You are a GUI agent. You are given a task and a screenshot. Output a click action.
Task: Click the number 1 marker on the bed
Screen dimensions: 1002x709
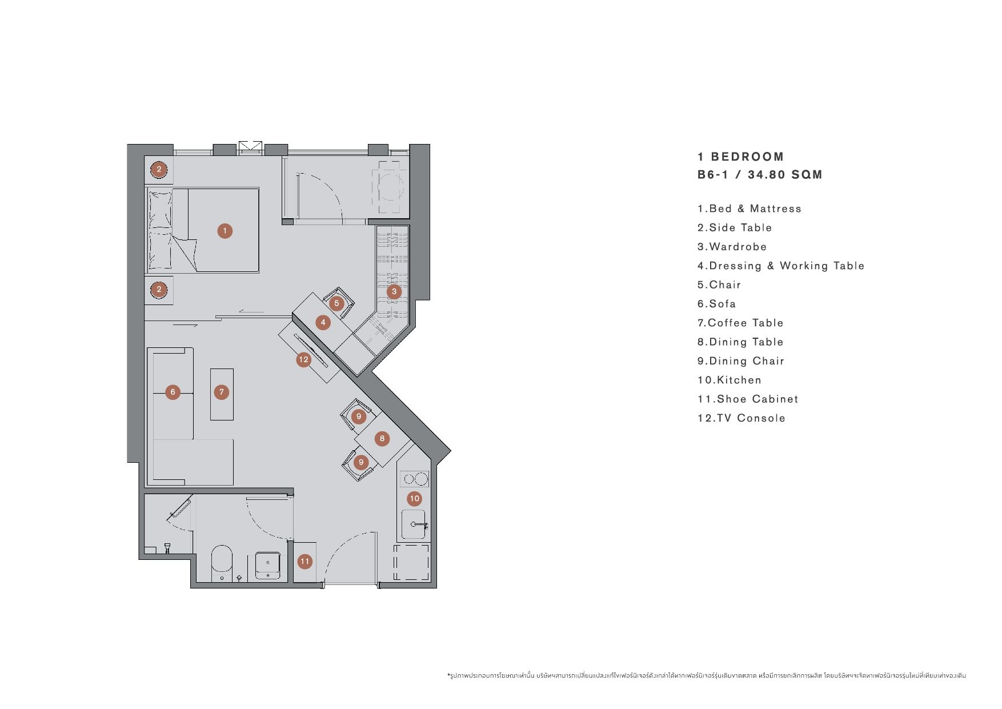(225, 231)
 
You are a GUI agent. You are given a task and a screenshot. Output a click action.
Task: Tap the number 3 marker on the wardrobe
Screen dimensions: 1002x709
(394, 291)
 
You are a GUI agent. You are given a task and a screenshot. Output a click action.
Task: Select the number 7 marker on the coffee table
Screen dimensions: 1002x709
(222, 392)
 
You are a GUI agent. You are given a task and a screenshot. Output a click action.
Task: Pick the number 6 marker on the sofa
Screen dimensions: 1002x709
(173, 392)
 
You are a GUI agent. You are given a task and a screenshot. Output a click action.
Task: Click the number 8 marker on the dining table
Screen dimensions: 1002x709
(382, 439)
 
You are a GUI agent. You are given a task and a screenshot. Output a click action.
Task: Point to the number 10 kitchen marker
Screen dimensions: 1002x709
(414, 498)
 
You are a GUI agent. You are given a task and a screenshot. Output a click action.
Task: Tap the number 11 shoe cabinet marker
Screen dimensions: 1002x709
(304, 562)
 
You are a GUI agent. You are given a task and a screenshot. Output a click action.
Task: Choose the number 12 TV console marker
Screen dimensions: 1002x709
(303, 359)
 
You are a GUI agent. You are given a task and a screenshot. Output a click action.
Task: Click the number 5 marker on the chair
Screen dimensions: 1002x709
(336, 303)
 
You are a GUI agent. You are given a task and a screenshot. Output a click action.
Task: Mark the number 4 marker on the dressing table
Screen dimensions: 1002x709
(323, 322)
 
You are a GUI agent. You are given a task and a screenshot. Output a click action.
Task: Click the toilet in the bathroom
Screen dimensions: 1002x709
(222, 563)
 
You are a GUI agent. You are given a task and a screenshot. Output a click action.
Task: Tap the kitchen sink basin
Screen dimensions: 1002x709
(414, 524)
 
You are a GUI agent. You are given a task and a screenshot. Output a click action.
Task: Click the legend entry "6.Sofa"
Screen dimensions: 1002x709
(716, 304)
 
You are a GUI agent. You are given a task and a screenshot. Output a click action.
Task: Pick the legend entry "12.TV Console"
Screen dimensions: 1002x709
(742, 418)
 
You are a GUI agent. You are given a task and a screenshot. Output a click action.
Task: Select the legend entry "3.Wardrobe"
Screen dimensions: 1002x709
(732, 247)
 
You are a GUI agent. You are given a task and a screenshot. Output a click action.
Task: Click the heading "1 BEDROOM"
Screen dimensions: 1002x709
(741, 157)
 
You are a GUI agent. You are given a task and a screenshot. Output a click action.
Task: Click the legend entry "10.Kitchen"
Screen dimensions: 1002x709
(730, 380)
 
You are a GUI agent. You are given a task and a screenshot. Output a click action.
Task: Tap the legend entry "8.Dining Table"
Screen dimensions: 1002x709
(740, 342)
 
